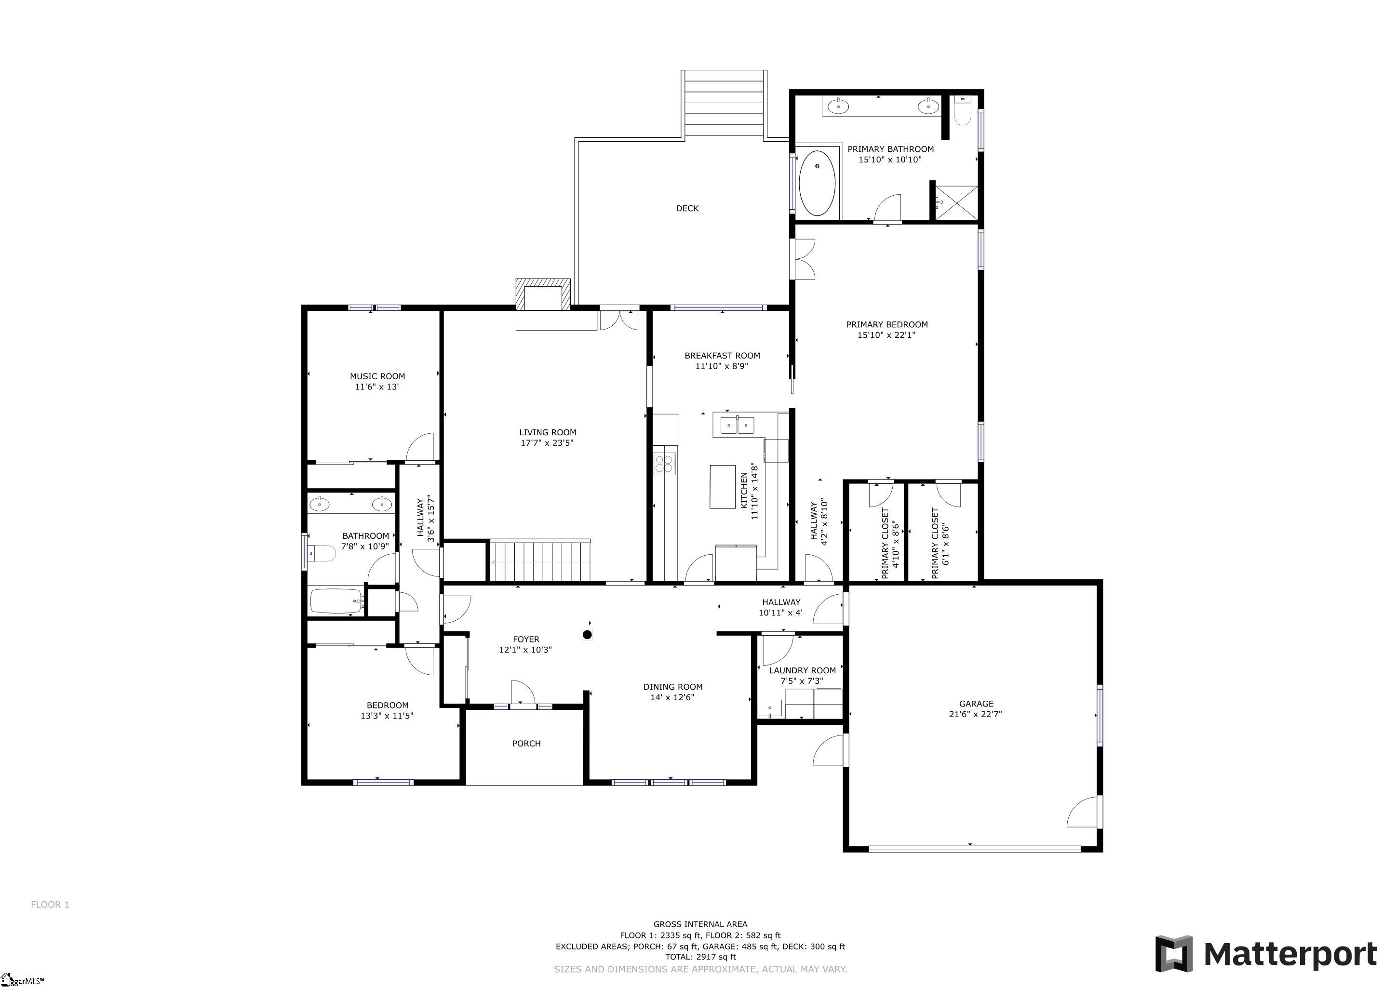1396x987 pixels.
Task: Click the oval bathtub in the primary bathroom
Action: [x=817, y=184]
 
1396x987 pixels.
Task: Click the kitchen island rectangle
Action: [x=722, y=486]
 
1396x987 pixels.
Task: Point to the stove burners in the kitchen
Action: [x=665, y=464]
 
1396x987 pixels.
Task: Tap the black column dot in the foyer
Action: [x=587, y=635]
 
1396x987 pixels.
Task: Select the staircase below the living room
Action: [x=540, y=561]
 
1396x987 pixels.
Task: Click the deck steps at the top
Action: [x=724, y=105]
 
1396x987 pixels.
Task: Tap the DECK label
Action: [x=687, y=209]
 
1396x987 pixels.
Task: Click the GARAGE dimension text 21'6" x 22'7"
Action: [x=975, y=714]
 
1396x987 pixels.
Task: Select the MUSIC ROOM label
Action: [x=377, y=376]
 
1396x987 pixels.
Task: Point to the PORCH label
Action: [x=526, y=743]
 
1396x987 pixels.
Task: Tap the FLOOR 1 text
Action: [x=50, y=904]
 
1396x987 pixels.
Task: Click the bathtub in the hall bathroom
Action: [x=337, y=601]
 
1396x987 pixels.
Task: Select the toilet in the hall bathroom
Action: [x=322, y=554]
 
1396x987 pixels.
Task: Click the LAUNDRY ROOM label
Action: [x=802, y=670]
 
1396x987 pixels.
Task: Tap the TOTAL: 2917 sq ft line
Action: [x=700, y=957]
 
